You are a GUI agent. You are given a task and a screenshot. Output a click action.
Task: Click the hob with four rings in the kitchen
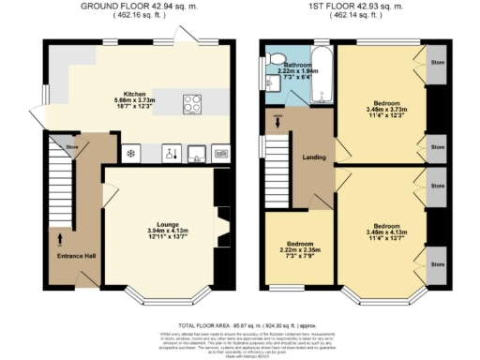[193, 103]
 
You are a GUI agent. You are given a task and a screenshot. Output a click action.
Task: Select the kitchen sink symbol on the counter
[197, 152]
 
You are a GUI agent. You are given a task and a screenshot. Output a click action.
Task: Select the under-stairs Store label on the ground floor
[71, 145]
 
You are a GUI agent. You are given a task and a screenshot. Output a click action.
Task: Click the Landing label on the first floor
[313, 157]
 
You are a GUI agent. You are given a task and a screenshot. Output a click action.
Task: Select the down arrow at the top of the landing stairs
[277, 119]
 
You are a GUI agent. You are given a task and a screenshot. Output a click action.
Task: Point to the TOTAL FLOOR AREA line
[240, 324]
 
